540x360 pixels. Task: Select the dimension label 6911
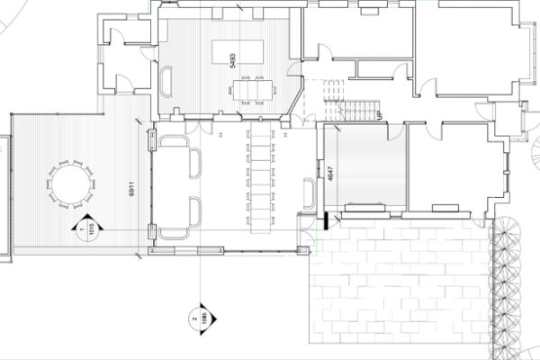pyautogui.click(x=131, y=188)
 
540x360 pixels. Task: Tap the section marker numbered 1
pyautogui.click(x=82, y=229)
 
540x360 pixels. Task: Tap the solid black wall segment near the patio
pyautogui.click(x=320, y=220)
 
